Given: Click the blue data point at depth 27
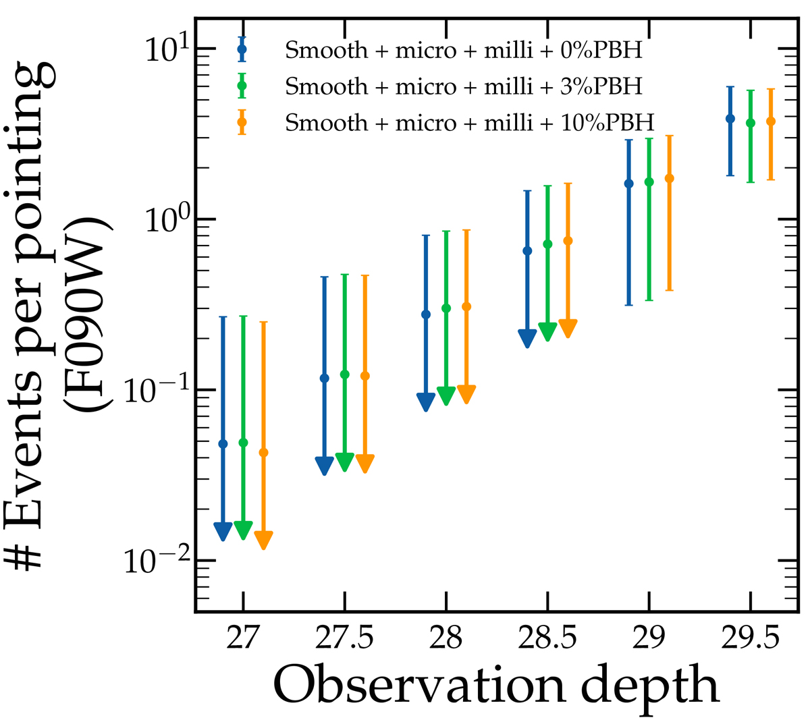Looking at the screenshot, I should pyautogui.click(x=223, y=443).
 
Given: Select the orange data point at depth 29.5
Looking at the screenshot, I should pyautogui.click(x=771, y=121).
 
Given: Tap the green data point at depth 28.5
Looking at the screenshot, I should pyautogui.click(x=547, y=244).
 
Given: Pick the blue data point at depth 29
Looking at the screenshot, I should pyautogui.click(x=628, y=184).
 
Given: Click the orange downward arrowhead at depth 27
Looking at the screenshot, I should pyautogui.click(x=264, y=539).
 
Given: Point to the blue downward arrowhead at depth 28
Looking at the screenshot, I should pyautogui.click(x=426, y=401).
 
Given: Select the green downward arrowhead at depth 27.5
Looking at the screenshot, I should pyautogui.click(x=345, y=462).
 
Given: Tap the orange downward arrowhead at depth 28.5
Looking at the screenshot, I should pyautogui.click(x=568, y=328).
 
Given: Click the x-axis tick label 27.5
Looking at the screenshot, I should pyautogui.click(x=344, y=638).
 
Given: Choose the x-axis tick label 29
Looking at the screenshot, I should pyautogui.click(x=649, y=638).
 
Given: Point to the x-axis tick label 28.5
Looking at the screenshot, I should pyautogui.click(x=547, y=638).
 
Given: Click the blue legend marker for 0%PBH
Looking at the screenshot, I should pyautogui.click(x=242, y=49).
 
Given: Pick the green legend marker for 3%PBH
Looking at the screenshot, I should pyautogui.click(x=242, y=86).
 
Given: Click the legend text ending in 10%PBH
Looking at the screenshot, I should pyautogui.click(x=470, y=123).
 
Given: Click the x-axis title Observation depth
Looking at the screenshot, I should pyautogui.click(x=497, y=686).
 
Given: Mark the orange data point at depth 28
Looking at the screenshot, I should pyautogui.click(x=466, y=306).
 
